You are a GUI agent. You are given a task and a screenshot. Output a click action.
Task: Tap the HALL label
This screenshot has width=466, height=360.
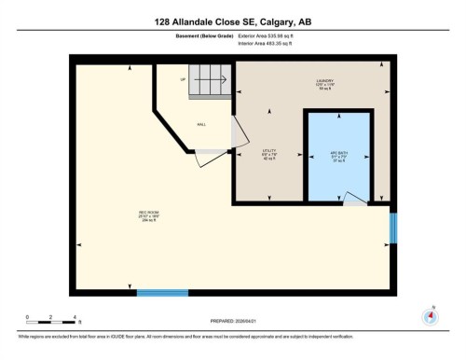(x=200, y=123)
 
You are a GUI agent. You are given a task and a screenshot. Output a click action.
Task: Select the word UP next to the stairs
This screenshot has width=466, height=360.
(x=170, y=80)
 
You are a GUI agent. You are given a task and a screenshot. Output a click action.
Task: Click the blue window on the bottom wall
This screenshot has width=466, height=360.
(x=162, y=293)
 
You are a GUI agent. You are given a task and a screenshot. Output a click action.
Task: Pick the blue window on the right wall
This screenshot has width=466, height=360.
(x=392, y=227)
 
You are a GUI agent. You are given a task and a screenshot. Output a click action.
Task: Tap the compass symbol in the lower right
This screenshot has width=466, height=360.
(x=430, y=315)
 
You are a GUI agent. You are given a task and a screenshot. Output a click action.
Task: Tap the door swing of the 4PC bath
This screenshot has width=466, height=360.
(x=352, y=197)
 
